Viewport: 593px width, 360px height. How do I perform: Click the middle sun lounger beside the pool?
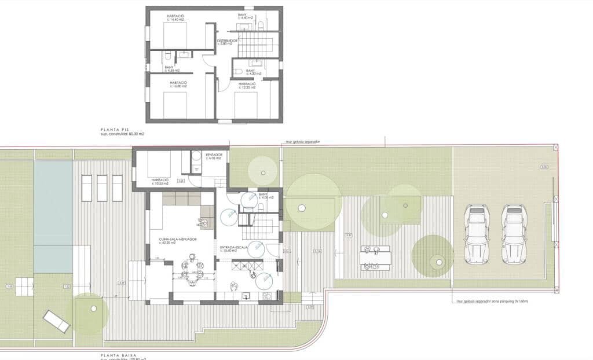[x=103, y=188]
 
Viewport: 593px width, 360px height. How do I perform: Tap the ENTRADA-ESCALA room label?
[x=234, y=248]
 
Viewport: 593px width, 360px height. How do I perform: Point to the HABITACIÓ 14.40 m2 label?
[x=176, y=17]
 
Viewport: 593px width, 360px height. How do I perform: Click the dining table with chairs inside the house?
[x=192, y=271]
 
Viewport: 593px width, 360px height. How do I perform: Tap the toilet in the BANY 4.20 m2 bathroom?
[x=239, y=72]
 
